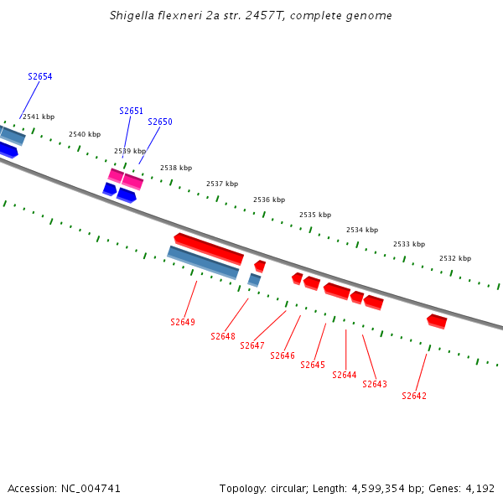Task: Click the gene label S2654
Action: pos(39,76)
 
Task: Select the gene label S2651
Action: pos(131,111)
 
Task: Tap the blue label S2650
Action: pos(160,122)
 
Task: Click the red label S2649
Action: pos(183,322)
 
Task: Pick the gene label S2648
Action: pos(223,336)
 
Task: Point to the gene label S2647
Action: pos(252,345)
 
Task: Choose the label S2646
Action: pos(283,355)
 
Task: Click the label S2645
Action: pos(313,365)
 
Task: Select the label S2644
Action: pos(345,375)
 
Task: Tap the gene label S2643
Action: pos(375,384)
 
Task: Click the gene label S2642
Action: pos(414,396)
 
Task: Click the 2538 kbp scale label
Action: pos(176,168)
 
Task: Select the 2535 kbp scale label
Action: pos(315,215)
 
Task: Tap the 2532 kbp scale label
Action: pos(455,258)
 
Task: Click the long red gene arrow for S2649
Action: pos(209,247)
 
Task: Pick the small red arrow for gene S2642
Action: pos(437,321)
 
